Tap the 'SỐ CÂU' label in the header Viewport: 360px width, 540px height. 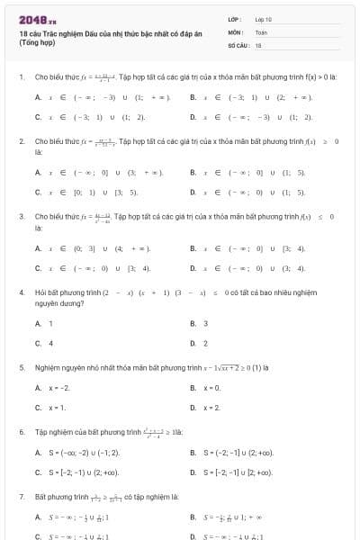[238, 44]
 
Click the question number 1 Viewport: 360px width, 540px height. [21, 77]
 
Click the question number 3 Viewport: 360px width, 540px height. [21, 217]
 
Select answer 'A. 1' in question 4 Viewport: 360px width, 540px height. [44, 323]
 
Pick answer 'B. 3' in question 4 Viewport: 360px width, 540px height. [199, 323]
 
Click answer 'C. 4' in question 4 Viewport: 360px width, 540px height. [44, 343]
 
